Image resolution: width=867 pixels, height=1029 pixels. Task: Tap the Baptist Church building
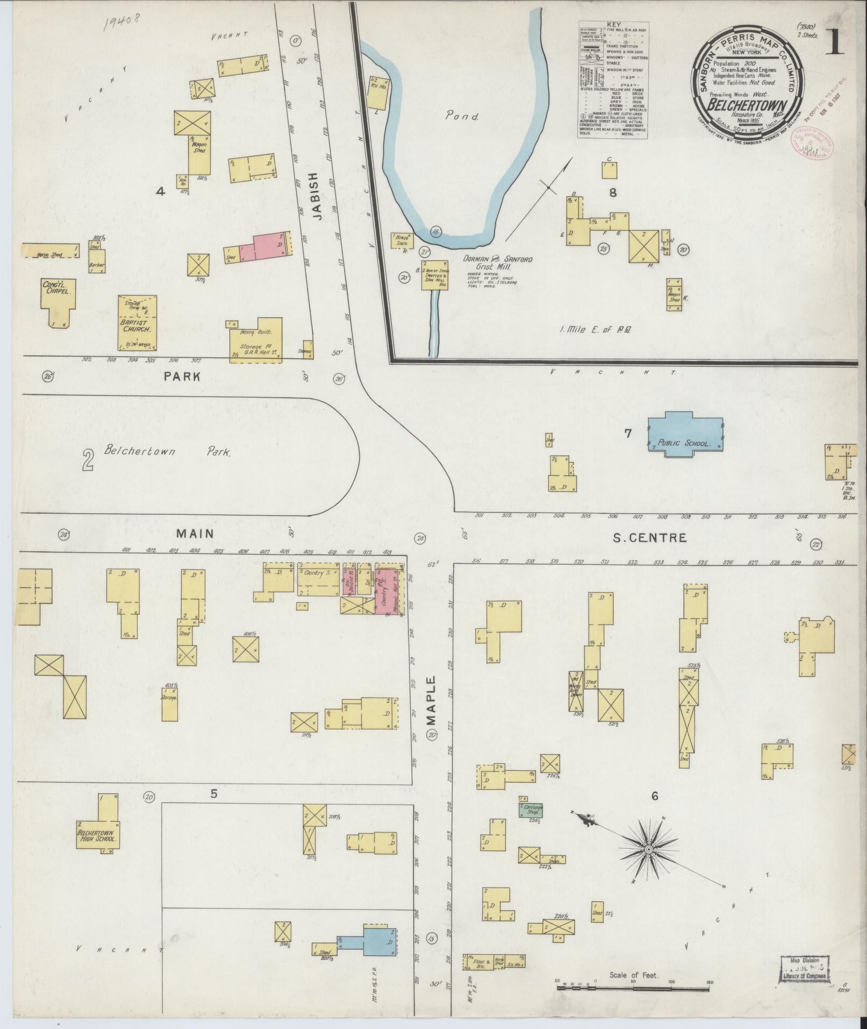[x=137, y=323]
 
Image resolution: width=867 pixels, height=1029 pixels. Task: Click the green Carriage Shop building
[x=531, y=810]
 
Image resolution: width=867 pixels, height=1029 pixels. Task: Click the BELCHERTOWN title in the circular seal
[x=748, y=105]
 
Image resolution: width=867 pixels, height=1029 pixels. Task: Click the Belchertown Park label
[x=167, y=451]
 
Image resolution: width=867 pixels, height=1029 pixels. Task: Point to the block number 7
[x=627, y=433]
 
